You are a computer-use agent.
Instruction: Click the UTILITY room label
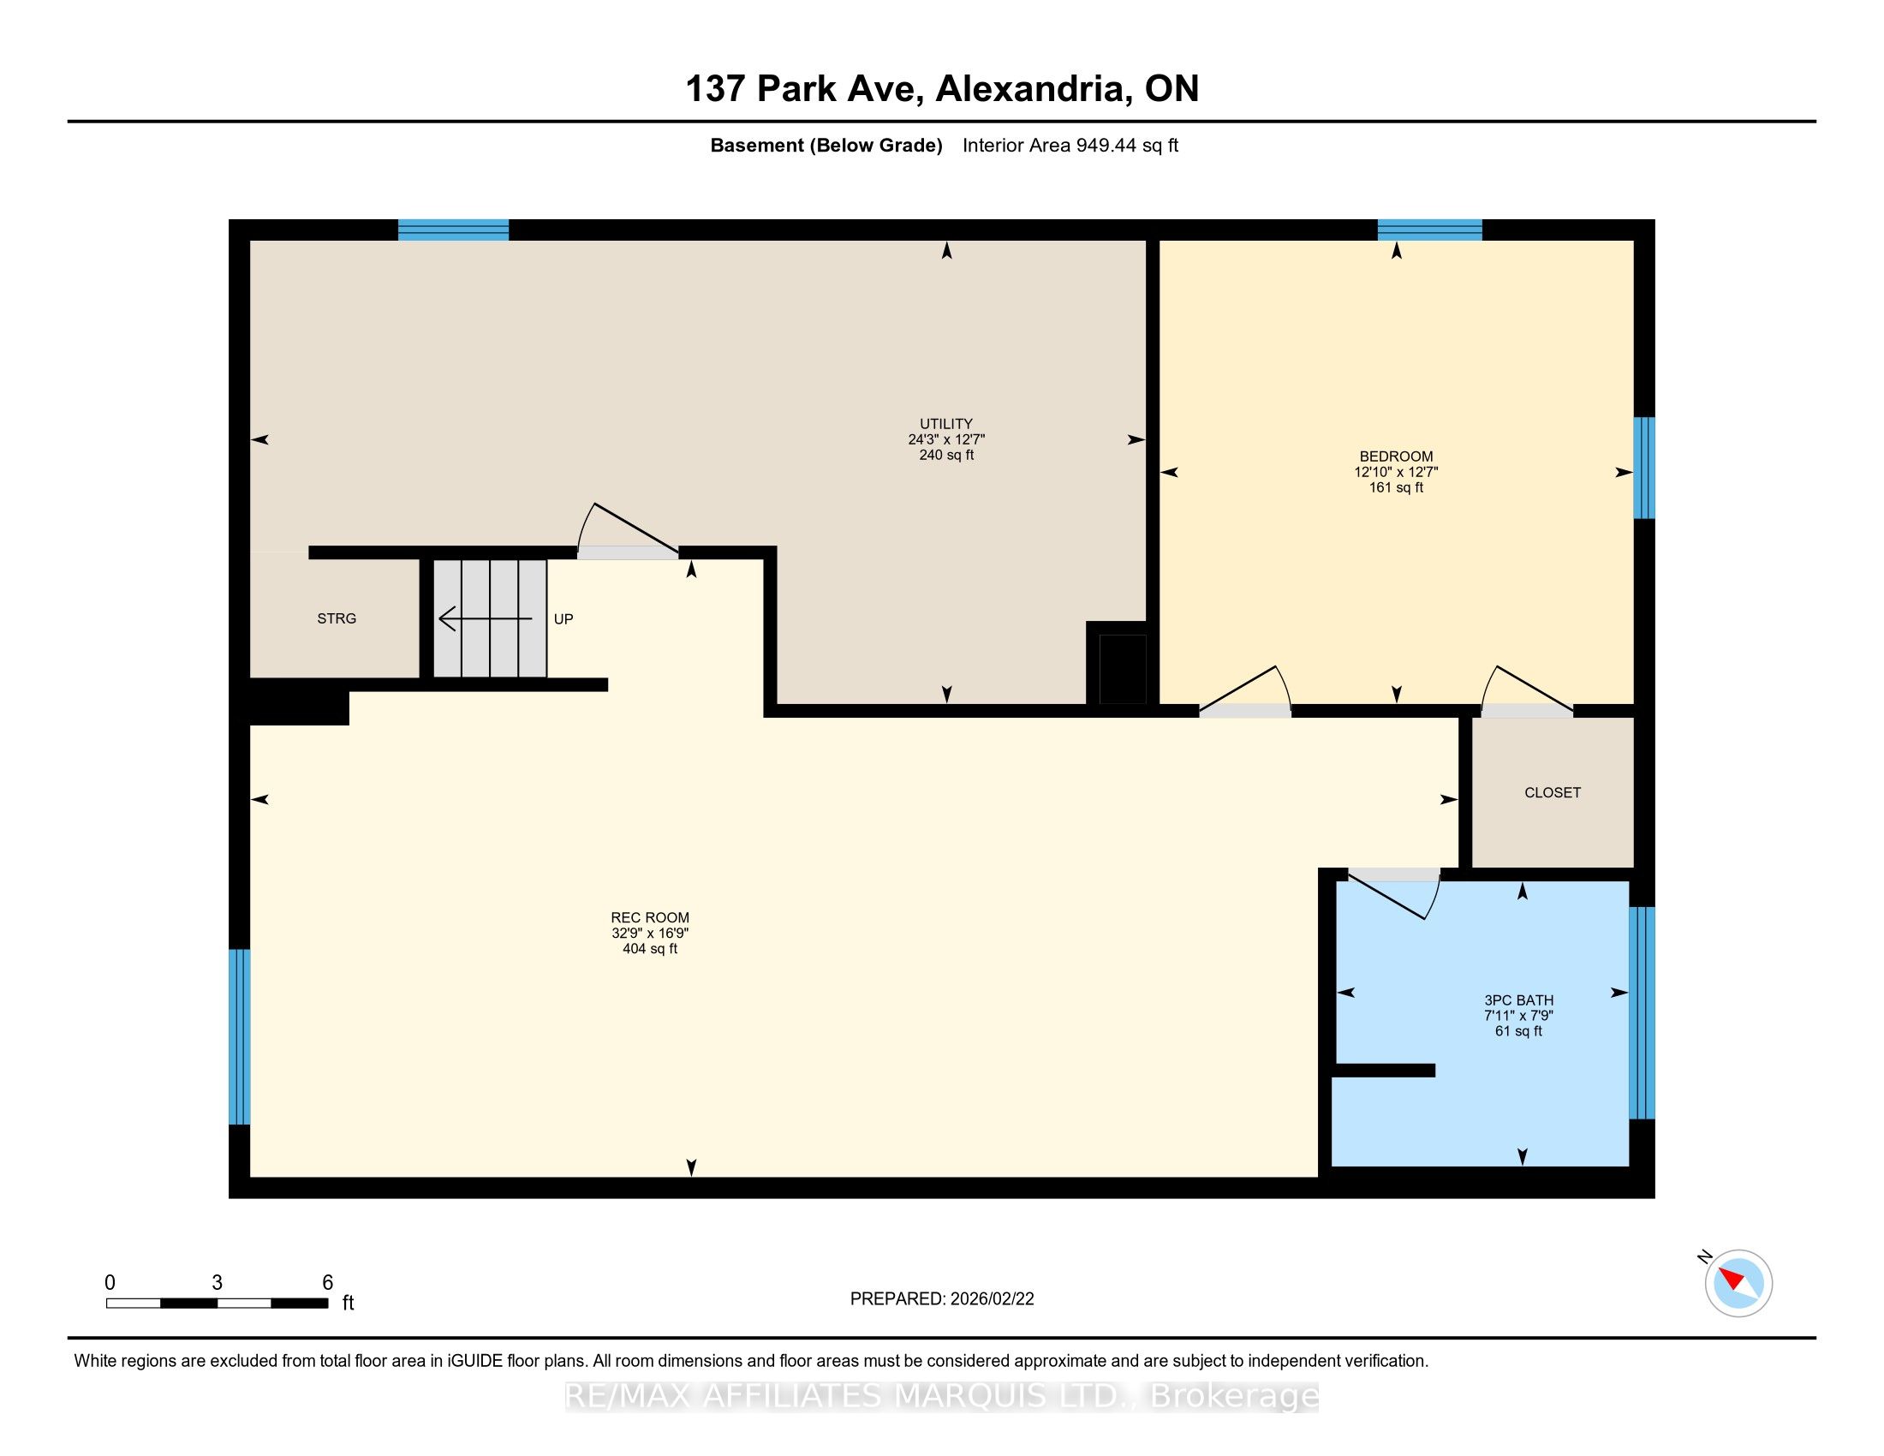click(946, 423)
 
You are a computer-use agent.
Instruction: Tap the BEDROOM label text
click(1396, 456)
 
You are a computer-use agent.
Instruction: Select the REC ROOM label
click(650, 918)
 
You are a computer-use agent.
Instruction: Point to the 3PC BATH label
click(1518, 1000)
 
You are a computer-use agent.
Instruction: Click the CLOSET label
click(1552, 793)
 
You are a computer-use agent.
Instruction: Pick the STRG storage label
click(337, 618)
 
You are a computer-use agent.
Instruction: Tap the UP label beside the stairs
click(563, 619)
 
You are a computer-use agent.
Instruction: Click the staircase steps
click(490, 618)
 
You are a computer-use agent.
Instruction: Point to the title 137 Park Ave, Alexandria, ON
click(942, 89)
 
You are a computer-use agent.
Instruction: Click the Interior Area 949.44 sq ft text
click(1070, 146)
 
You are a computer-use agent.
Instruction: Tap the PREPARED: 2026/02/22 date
click(942, 1299)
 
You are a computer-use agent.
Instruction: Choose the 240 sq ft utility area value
click(946, 455)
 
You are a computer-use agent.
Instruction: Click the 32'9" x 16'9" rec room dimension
click(650, 934)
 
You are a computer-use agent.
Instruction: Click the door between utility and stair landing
click(627, 530)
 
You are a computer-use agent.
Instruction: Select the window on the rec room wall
click(239, 1037)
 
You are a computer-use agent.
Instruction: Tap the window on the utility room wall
click(453, 230)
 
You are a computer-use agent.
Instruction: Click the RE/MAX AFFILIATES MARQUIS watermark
click(942, 1397)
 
